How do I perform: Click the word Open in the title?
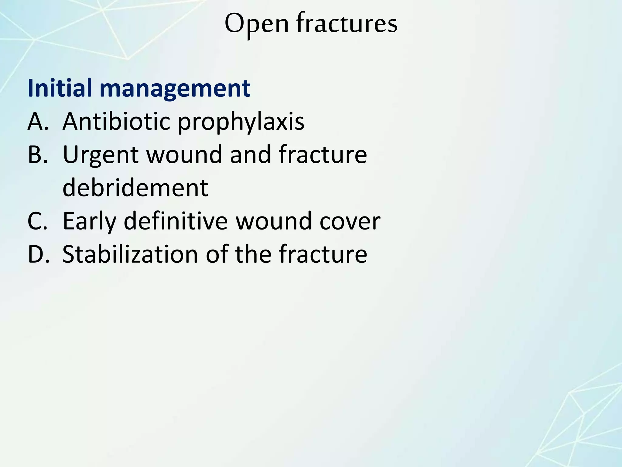coord(257,24)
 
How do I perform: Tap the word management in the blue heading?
coord(175,88)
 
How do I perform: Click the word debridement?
coord(135,188)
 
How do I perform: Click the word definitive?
coord(176,221)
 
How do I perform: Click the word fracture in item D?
coord(323,254)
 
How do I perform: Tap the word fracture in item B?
coord(323,154)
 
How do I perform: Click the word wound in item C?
coord(274,221)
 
